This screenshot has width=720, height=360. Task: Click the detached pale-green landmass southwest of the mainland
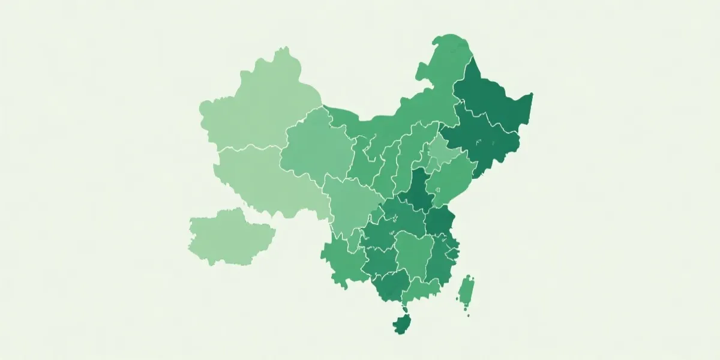pos(228,237)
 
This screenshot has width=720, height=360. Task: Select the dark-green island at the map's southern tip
pos(403,324)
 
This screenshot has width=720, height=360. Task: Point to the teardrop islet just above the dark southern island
pos(406,311)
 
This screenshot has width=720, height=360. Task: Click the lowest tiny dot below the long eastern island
pos(468,314)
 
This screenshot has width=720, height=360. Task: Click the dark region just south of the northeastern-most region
pos(480,141)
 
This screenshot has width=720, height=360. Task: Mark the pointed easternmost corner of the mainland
pos(532,94)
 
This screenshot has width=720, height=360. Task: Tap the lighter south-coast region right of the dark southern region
pos(420,291)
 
